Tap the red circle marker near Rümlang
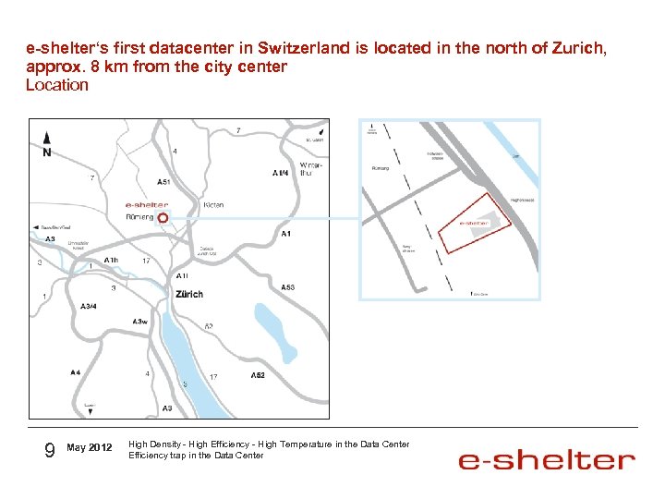point(163,217)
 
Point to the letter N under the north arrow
point(46,152)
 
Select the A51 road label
point(163,182)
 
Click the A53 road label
point(287,287)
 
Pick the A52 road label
point(258,375)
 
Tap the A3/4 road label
point(89,306)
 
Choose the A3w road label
point(139,321)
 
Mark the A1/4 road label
point(280,173)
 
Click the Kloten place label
point(212,205)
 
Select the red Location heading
point(57,85)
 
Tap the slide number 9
point(50,449)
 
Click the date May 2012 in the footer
point(90,448)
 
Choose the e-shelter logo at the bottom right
point(547,459)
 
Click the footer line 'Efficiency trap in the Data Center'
point(196,455)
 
